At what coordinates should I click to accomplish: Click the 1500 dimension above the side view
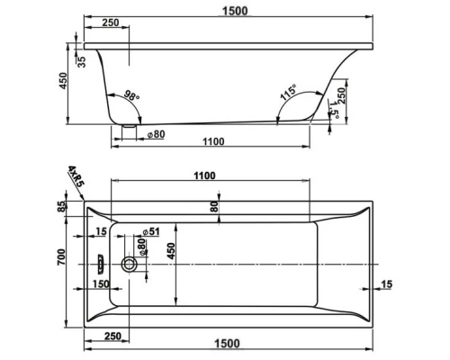tap(235, 11)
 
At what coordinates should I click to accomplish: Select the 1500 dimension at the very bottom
tap(227, 343)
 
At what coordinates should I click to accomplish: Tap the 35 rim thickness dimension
tap(82, 61)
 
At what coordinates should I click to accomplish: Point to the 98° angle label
tap(131, 95)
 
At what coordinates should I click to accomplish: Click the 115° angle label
tap(288, 92)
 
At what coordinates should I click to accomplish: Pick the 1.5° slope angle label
tap(334, 109)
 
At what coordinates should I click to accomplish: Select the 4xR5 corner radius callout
tap(75, 176)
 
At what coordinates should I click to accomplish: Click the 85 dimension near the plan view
tap(61, 207)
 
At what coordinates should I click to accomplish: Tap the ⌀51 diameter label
tap(151, 231)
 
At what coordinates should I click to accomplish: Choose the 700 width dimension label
tap(61, 256)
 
